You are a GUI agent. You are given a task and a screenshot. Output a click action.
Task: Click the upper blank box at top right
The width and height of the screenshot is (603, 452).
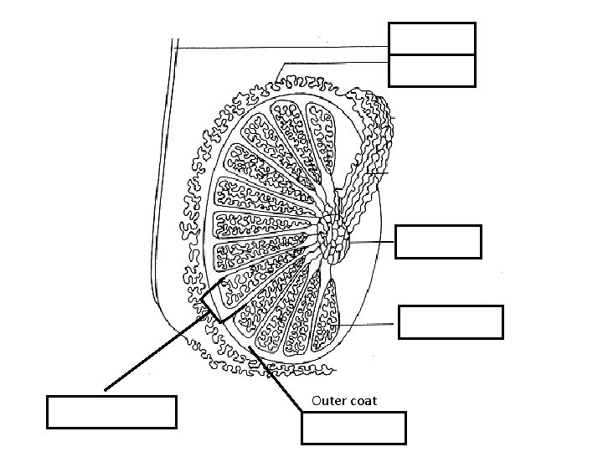click(432, 39)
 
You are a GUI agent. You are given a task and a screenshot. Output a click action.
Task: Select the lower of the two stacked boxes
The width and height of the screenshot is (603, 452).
click(432, 70)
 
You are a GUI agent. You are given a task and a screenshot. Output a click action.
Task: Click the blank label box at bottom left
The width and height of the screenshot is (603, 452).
click(112, 412)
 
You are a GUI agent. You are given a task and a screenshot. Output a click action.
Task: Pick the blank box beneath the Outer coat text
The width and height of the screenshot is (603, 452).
click(353, 428)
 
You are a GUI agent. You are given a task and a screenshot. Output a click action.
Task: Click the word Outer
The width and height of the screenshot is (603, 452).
click(327, 401)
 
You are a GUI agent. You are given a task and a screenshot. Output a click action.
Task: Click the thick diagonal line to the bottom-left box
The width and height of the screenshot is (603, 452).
click(155, 352)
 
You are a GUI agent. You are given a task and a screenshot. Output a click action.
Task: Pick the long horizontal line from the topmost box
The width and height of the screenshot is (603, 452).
click(285, 48)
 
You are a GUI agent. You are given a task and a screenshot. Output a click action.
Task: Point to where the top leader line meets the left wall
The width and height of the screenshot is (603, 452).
click(178, 48)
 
